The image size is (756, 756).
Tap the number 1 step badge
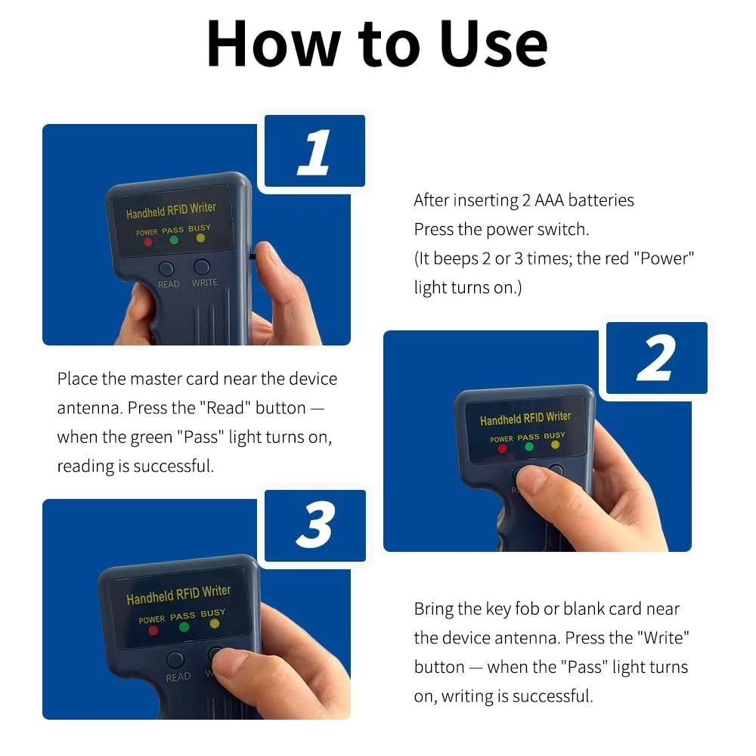tap(314, 151)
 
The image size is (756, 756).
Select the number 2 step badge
tap(657, 358)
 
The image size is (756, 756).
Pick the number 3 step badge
tap(315, 525)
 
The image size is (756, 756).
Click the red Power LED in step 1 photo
tap(148, 242)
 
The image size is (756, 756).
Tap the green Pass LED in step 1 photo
tap(174, 240)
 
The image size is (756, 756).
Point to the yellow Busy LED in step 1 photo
tap(200, 237)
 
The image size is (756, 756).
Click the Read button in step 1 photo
tap(166, 268)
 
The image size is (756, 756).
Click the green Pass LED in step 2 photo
tap(529, 447)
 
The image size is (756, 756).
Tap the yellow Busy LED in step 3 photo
tap(215, 624)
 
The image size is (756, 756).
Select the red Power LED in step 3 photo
tap(153, 631)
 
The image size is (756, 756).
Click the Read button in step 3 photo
tap(175, 659)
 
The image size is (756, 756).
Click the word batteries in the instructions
tap(601, 200)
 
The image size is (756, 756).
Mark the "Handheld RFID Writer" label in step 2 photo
tap(525, 418)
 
